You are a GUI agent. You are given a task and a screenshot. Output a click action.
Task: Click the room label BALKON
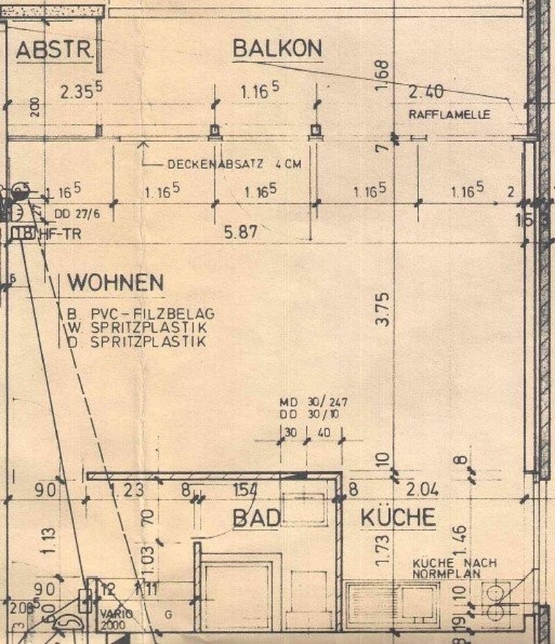coord(277,49)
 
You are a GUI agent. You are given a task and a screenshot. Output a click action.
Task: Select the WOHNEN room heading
coord(115,283)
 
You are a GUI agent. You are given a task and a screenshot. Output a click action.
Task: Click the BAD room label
coord(256,517)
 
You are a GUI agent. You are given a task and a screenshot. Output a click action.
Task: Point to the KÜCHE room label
coord(398,517)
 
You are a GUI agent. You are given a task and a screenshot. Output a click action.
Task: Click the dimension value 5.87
coord(239,233)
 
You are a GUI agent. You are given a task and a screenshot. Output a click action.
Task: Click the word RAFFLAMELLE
coord(450,115)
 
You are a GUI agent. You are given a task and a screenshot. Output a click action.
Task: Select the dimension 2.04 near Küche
coord(423,489)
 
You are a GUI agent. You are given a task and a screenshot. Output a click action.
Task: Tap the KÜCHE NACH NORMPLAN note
coord(454,568)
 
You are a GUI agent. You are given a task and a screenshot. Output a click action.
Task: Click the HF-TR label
coord(60,234)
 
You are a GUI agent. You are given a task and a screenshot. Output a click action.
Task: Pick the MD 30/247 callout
coord(313,401)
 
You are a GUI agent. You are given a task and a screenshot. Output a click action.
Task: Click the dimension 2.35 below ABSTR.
coord(81,91)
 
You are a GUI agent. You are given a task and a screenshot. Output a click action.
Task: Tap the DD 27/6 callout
coord(72,213)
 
